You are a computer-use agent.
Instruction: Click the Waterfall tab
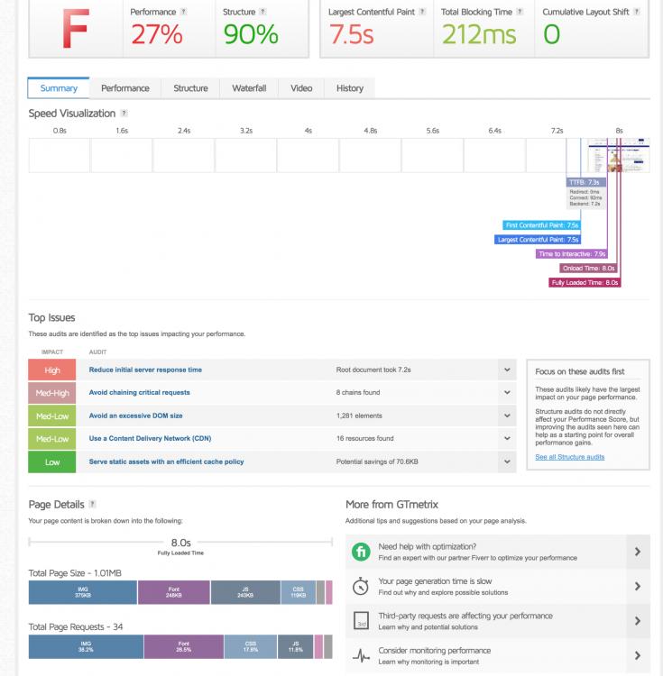tap(249, 88)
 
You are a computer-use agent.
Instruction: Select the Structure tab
tap(190, 88)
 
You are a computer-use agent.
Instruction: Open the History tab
tap(350, 88)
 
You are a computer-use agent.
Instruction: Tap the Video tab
tap(301, 88)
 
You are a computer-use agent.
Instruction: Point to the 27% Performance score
tap(156, 34)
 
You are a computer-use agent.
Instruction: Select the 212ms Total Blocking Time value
tap(479, 34)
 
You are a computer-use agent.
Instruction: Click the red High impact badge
tap(52, 370)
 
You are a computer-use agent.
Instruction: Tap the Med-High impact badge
tap(52, 392)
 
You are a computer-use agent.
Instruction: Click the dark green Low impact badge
tap(52, 461)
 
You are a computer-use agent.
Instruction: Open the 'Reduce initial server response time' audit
tap(145, 370)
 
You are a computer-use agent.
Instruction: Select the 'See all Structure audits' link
tap(570, 457)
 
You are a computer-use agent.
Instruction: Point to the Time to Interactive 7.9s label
tap(571, 254)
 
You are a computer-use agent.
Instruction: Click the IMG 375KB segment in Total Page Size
tap(83, 592)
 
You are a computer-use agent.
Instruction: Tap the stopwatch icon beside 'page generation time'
tap(361, 587)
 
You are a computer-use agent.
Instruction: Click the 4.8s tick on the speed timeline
tap(370, 131)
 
